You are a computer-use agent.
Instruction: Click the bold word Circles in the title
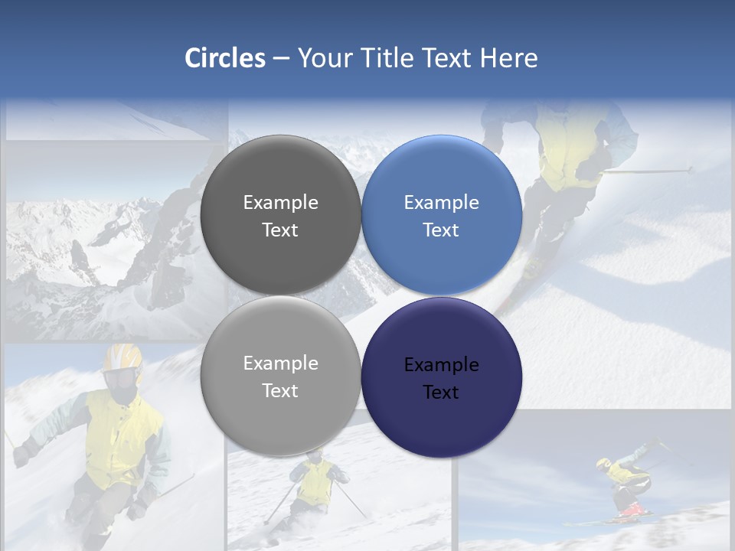(x=224, y=58)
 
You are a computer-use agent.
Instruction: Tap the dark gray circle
(x=280, y=215)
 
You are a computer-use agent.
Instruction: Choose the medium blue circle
(x=441, y=215)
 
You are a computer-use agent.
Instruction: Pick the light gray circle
(x=280, y=376)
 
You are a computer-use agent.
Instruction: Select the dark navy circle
(x=441, y=377)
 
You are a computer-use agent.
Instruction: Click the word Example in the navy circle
(x=441, y=365)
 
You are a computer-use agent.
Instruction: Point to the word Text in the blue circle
(x=441, y=230)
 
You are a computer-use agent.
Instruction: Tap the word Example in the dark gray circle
(x=280, y=203)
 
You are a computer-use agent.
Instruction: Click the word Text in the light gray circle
(x=280, y=390)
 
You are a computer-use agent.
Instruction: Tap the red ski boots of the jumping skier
(x=631, y=509)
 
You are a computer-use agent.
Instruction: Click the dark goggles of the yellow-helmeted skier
(x=119, y=378)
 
